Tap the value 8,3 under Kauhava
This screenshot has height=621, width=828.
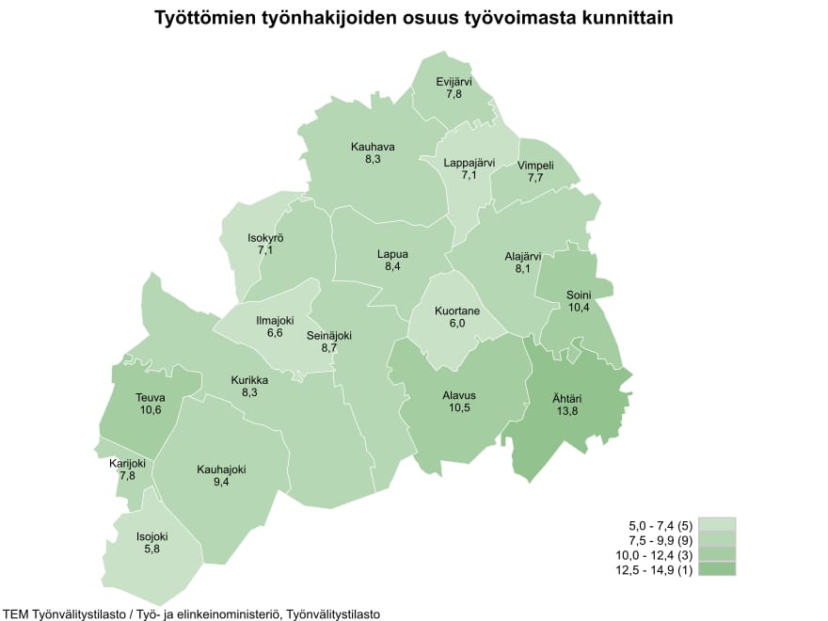(x=373, y=160)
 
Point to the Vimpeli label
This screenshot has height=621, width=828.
(x=535, y=166)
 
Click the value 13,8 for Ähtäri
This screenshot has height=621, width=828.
(x=565, y=411)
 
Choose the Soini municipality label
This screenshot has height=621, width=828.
(x=579, y=295)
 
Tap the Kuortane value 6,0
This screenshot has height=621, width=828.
(x=457, y=324)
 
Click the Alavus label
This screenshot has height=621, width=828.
(x=460, y=396)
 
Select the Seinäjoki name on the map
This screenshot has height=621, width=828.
(x=329, y=335)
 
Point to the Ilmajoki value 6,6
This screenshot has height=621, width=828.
(x=275, y=333)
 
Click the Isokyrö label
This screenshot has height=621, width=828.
(x=265, y=238)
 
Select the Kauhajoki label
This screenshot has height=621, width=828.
(x=221, y=469)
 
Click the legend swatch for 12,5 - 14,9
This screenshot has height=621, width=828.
(x=717, y=569)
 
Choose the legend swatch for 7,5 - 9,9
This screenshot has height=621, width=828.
(x=717, y=539)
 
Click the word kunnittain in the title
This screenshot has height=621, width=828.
(x=622, y=19)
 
